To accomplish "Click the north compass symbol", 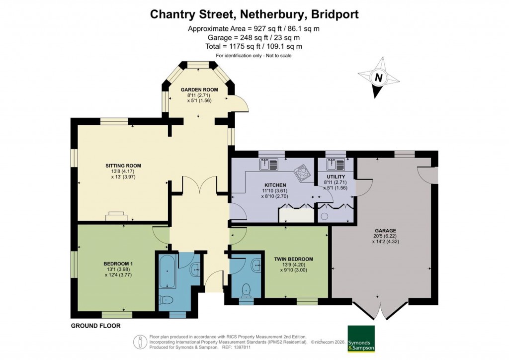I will coord(379,78).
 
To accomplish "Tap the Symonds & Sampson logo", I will coord(361,339).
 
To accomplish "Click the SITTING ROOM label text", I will coord(123,166).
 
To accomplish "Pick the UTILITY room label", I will coord(336,177).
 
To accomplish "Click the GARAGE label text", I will coord(385,231).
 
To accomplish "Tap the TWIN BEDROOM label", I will coord(293,259).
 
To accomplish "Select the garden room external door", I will coord(240,102).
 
